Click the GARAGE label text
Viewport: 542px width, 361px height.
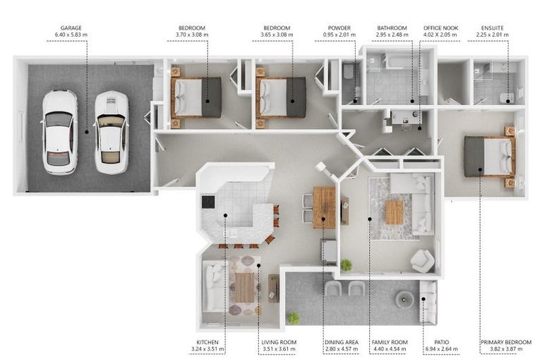tap(71, 28)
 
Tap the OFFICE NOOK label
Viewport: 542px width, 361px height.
tap(440, 28)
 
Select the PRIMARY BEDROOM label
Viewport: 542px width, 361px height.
tap(506, 342)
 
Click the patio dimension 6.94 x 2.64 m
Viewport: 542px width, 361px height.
tap(441, 349)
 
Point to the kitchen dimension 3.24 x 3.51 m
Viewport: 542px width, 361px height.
tap(207, 349)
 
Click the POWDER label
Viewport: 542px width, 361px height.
tap(339, 28)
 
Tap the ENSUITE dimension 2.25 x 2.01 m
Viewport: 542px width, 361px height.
tap(492, 35)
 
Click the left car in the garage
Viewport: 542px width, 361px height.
tap(59, 133)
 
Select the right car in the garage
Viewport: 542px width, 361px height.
tap(112, 133)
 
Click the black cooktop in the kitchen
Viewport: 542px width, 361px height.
tap(208, 202)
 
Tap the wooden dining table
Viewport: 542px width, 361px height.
tap(324, 207)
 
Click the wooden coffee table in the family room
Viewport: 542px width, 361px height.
tap(395, 212)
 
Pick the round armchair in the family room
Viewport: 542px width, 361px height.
tap(423, 261)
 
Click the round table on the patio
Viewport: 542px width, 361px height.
tap(405, 299)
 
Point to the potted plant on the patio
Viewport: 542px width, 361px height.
tap(293, 318)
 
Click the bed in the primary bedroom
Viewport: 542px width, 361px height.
tap(489, 156)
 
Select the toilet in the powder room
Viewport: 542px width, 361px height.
tap(347, 71)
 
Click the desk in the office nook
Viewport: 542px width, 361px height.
tap(405, 117)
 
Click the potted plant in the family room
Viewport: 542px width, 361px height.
tap(346, 265)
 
